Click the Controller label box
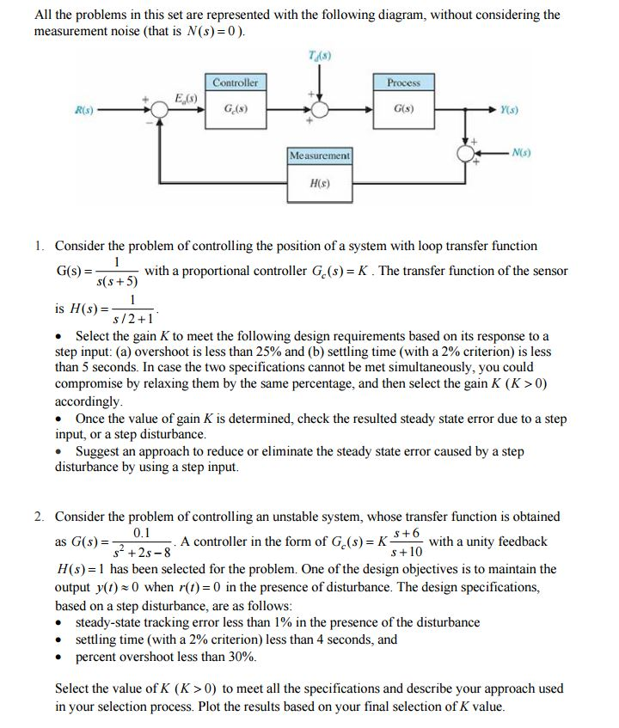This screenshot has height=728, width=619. [x=235, y=83]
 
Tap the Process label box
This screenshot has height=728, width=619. [x=403, y=83]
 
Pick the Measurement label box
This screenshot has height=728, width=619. [x=319, y=156]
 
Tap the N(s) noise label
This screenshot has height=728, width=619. [x=521, y=154]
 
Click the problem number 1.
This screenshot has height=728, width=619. [x=40, y=246]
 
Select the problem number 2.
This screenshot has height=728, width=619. [x=40, y=517]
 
